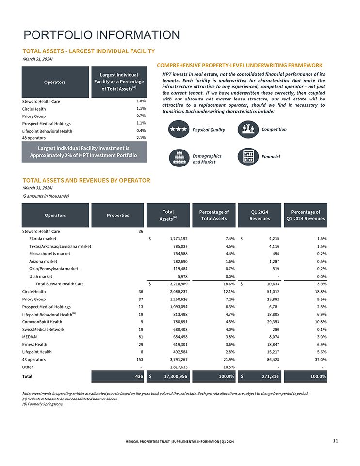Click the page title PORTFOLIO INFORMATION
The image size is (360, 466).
pos(101,35)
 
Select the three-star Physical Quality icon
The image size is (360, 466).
pos(178,130)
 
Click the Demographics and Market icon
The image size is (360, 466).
pos(178,157)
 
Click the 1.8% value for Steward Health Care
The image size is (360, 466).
pos(141,101)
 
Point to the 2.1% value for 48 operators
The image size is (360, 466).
pos(141,138)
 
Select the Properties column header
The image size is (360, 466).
pos(118,215)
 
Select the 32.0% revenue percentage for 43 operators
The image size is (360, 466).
pos(319,359)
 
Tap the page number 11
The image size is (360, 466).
pos(335,440)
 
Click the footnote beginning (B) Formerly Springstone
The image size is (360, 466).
pos(43,404)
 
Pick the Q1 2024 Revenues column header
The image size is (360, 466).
pos(260,215)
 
